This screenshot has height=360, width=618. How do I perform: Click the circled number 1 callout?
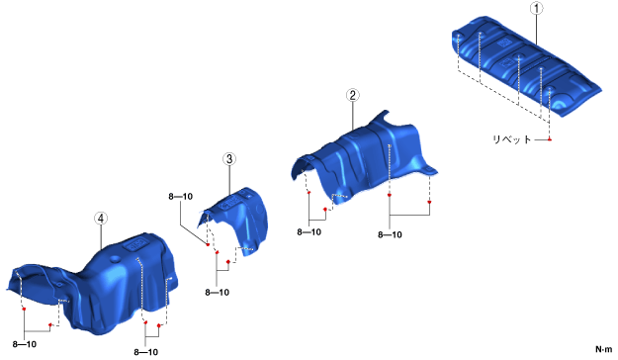[x=536, y=8]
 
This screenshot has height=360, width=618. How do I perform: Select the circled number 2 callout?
[x=352, y=95]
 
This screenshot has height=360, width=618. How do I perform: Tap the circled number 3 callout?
[x=229, y=159]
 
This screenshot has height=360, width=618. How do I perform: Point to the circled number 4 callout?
[x=101, y=218]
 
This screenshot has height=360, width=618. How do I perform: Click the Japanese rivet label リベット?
[x=512, y=139]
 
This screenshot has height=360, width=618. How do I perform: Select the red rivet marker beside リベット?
[x=550, y=139]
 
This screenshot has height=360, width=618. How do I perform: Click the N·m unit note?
[x=603, y=349]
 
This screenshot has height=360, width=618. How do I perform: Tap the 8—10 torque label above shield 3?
[x=181, y=197]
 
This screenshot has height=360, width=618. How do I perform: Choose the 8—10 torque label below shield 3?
[x=218, y=292]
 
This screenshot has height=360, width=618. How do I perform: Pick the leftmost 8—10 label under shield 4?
[x=25, y=344]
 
